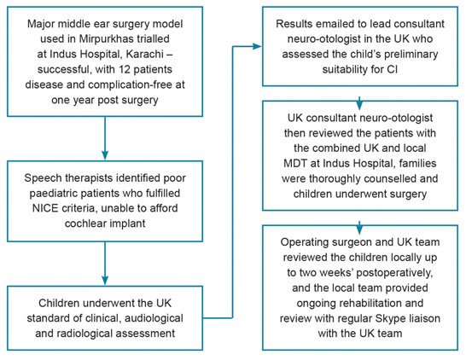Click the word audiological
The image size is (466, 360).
point(154,318)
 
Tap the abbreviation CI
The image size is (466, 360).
point(392,69)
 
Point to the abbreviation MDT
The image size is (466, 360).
point(295,163)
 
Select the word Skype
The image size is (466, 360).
point(390,318)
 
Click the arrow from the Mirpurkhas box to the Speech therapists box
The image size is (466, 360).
point(105,138)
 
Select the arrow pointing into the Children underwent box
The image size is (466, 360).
point(105,263)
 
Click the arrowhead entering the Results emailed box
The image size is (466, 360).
point(257,46)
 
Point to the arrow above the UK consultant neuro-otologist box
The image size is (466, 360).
point(359,102)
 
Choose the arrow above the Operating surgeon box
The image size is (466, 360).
point(359,228)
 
